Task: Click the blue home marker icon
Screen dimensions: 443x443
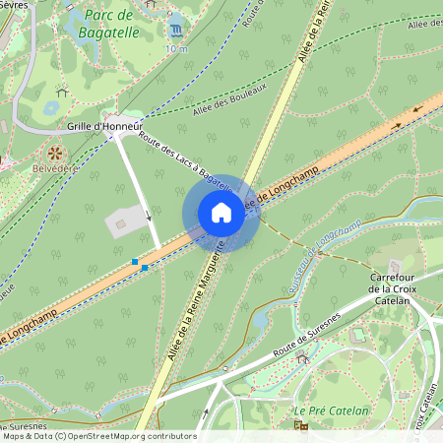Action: click(x=221, y=214)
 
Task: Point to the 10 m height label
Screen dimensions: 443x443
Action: click(x=175, y=47)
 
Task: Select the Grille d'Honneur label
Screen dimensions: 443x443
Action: click(x=104, y=127)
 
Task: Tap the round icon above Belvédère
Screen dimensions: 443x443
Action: click(x=55, y=153)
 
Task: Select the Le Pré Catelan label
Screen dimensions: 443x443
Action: click(x=331, y=411)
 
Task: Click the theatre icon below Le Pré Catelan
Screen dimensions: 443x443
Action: click(x=301, y=426)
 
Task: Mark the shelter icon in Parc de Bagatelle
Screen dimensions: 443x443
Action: click(x=62, y=93)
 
